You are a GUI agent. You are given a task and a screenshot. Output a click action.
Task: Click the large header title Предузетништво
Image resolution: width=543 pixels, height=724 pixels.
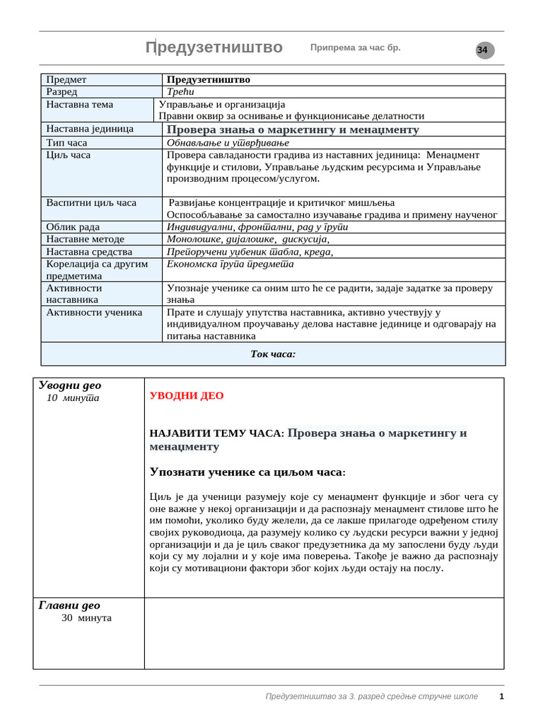pyautogui.click(x=214, y=47)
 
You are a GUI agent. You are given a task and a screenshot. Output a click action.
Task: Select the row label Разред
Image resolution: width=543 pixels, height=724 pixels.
pyautogui.click(x=62, y=92)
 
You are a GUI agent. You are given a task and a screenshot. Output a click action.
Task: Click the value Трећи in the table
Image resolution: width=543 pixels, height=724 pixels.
pyautogui.click(x=180, y=92)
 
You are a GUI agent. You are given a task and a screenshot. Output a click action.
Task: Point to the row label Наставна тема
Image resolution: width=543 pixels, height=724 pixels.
pyautogui.click(x=80, y=105)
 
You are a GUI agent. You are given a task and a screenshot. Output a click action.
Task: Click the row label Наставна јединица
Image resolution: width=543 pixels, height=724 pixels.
pyautogui.click(x=90, y=129)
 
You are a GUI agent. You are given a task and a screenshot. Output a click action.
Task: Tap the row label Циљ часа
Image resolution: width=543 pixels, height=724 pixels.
pyautogui.click(x=69, y=155)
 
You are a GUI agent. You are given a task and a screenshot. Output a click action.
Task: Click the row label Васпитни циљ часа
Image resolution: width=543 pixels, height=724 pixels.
pyautogui.click(x=91, y=203)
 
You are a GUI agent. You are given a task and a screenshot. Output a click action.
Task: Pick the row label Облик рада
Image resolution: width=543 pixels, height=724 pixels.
pyautogui.click(x=73, y=227)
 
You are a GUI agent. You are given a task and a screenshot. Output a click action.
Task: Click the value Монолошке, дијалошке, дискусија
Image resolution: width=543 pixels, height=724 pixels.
pyautogui.click(x=247, y=239)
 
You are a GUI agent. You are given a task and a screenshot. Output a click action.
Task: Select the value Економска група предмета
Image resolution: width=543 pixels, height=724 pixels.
pyautogui.click(x=230, y=264)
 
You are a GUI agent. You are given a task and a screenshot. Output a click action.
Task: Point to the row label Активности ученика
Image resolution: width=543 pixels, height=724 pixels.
pyautogui.click(x=94, y=312)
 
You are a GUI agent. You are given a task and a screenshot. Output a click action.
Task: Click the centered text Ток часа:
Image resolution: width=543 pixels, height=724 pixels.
pyautogui.click(x=273, y=354)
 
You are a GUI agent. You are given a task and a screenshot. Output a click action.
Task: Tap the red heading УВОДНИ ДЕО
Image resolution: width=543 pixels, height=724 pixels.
pyautogui.click(x=187, y=396)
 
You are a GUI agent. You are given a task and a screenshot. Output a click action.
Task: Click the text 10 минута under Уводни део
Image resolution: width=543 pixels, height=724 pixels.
pyautogui.click(x=73, y=398)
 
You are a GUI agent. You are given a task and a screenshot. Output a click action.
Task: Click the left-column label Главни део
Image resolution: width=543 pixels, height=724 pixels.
pyautogui.click(x=69, y=605)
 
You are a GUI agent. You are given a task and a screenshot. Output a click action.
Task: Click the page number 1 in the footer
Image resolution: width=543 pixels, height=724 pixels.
pyautogui.click(x=501, y=696)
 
